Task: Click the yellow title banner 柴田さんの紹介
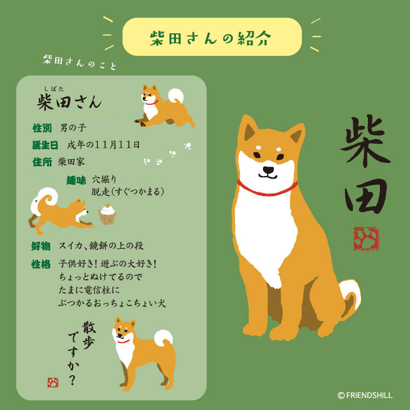[212, 37]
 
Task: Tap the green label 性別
[42, 128]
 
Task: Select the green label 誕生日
[45, 145]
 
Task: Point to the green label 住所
[42, 162]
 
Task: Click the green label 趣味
[77, 180]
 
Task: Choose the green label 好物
[41, 246]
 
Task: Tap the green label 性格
[41, 264]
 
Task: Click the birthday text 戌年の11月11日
[104, 145]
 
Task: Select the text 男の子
[73, 128]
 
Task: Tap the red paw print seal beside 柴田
[366, 238]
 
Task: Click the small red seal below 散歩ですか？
[53, 383]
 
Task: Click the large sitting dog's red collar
[267, 190]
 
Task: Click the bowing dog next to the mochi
[60, 210]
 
